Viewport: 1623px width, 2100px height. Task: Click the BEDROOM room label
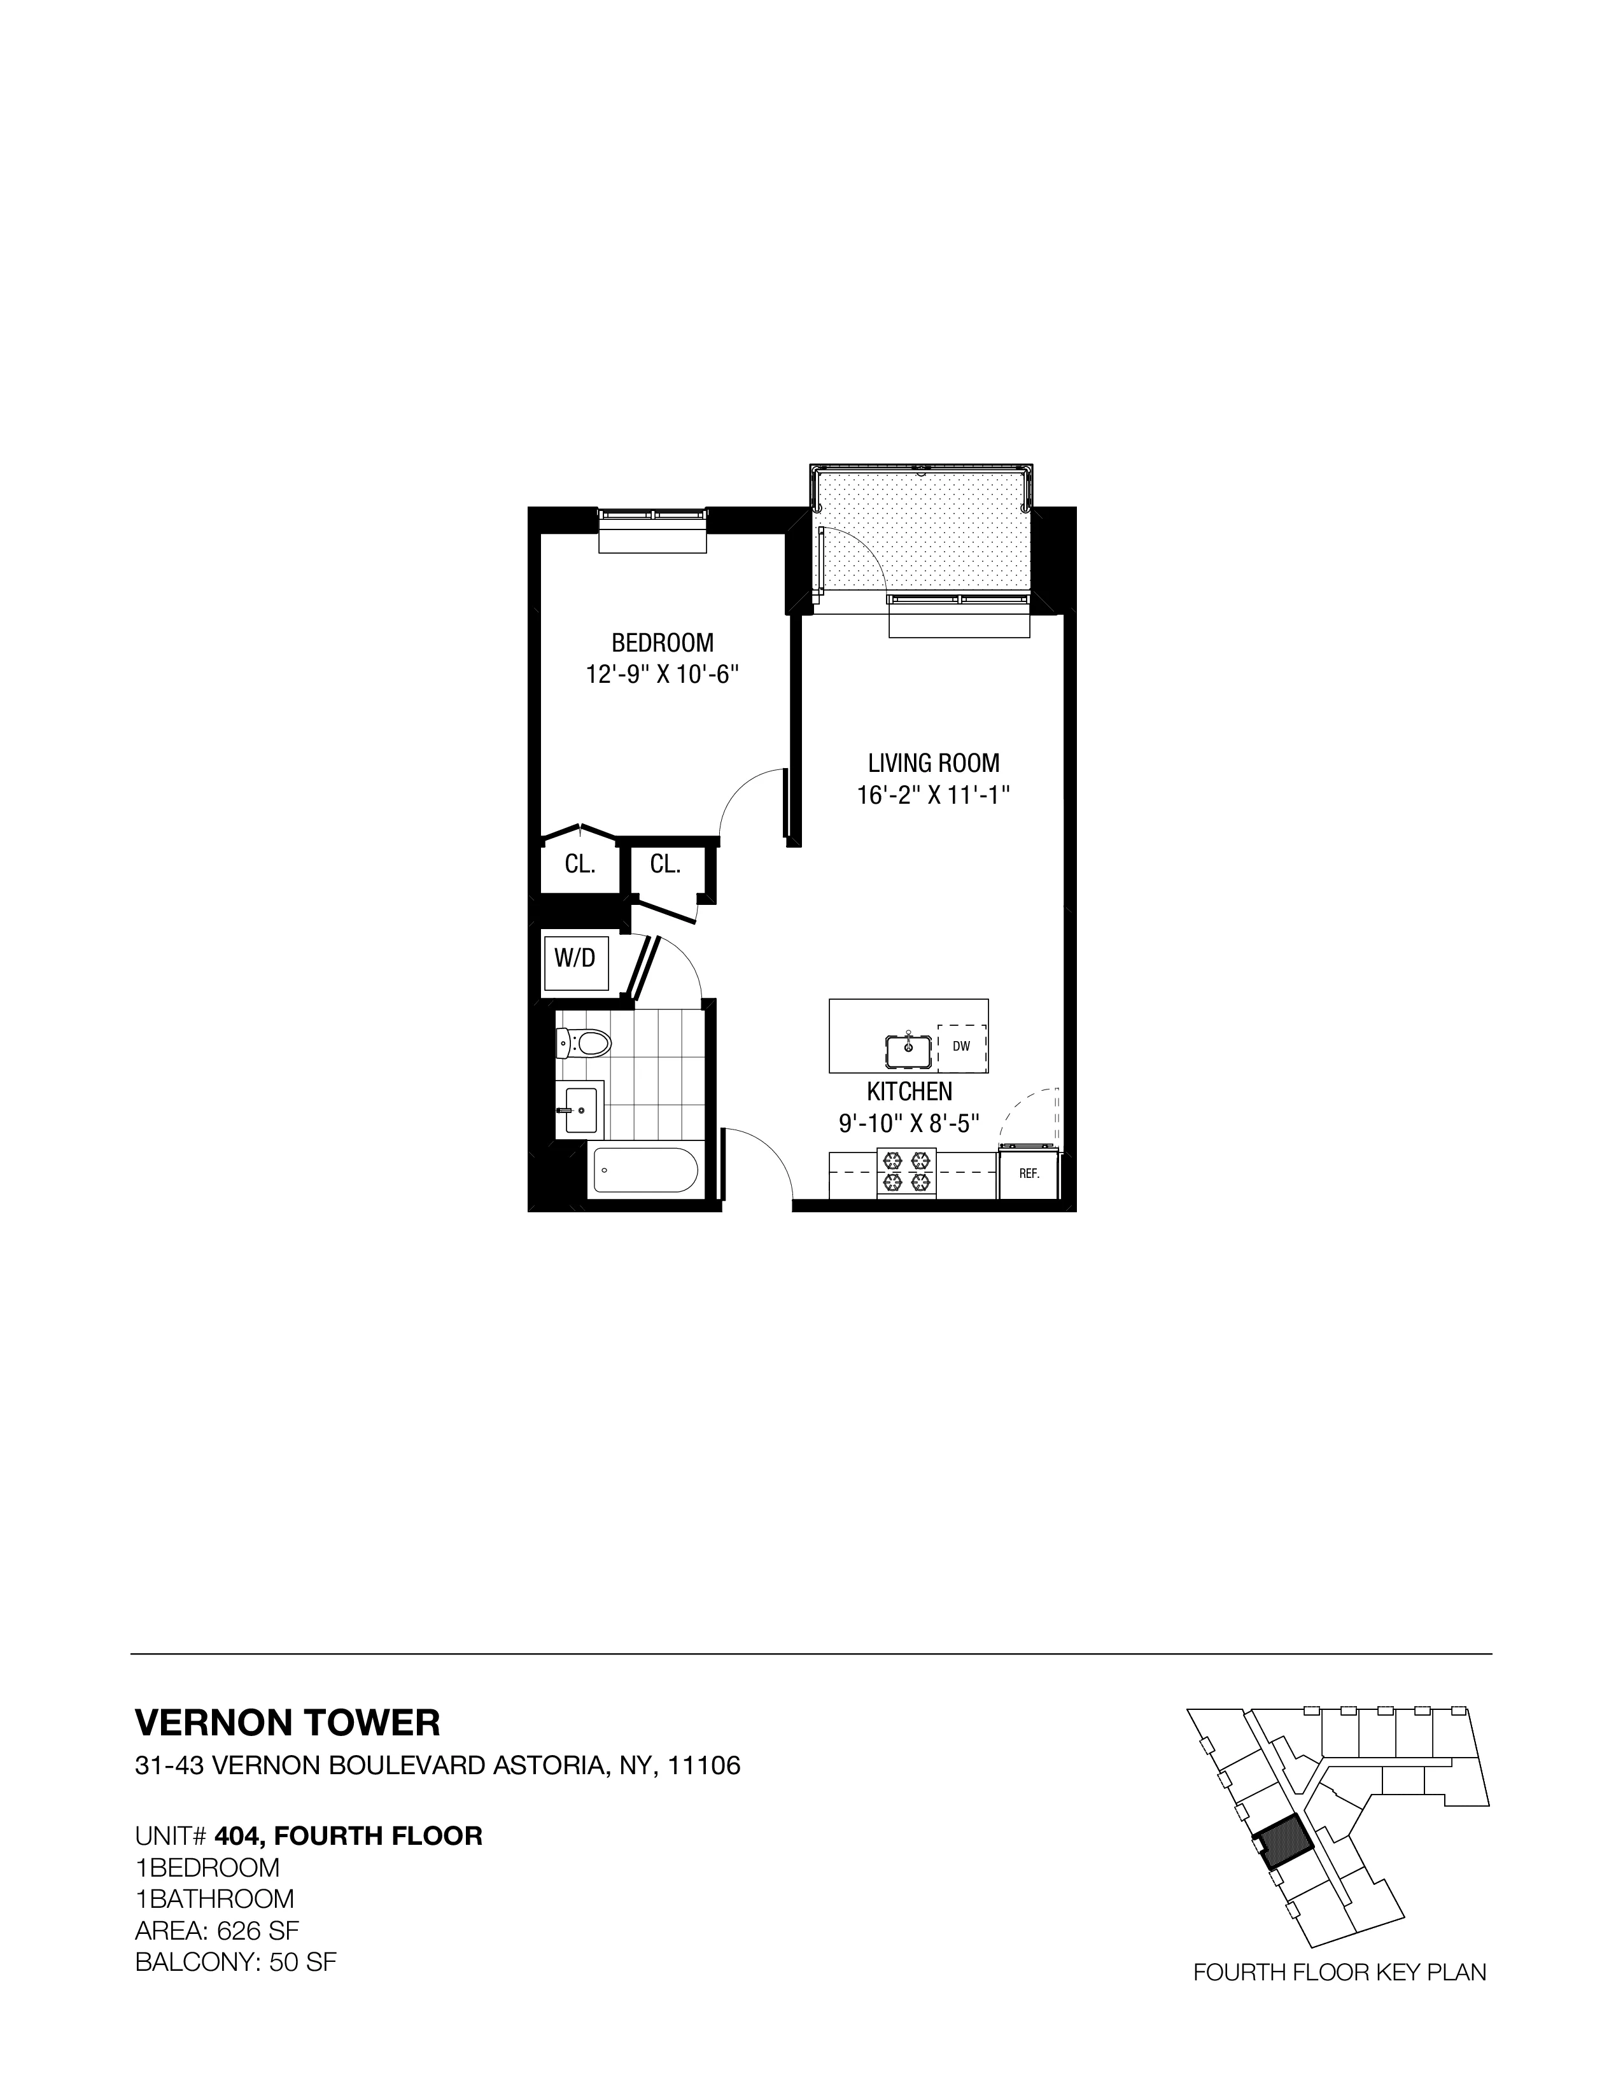click(x=663, y=642)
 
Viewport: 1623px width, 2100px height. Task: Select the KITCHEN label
click(x=910, y=1091)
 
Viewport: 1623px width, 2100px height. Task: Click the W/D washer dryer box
click(x=575, y=958)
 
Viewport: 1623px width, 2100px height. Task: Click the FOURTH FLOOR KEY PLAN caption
click(x=1339, y=1965)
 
